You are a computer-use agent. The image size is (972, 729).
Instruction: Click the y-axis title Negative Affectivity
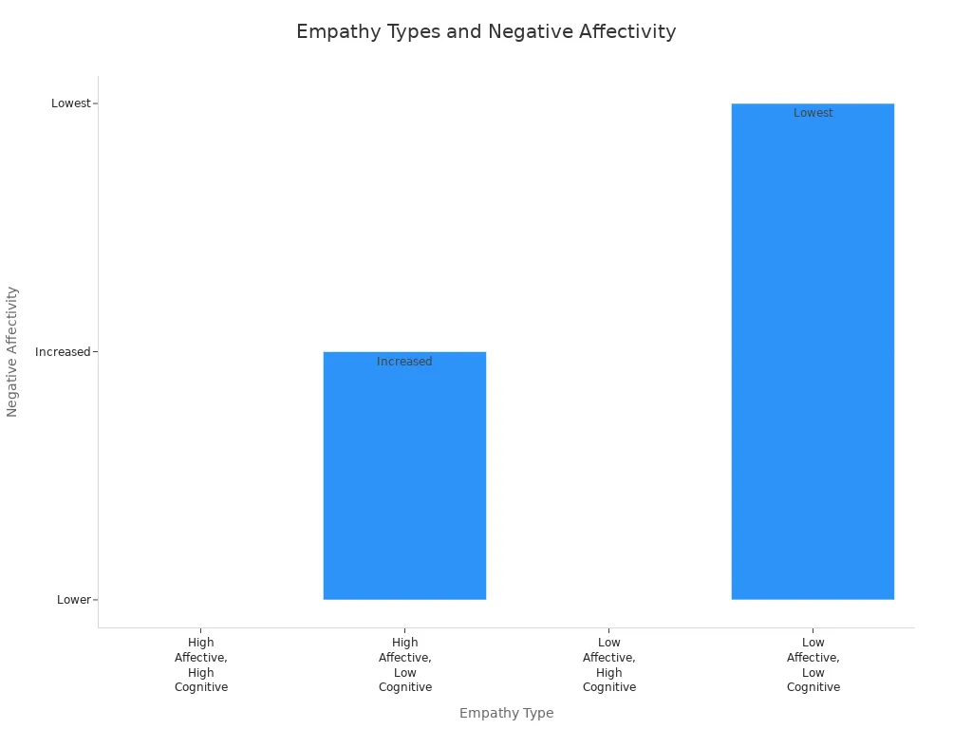click(12, 351)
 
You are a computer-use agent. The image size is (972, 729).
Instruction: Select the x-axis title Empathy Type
click(506, 713)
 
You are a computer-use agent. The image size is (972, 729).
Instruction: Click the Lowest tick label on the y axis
click(70, 103)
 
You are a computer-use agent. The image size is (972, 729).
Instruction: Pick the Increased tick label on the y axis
click(63, 352)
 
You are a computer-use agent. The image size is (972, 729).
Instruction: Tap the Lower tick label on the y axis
click(73, 600)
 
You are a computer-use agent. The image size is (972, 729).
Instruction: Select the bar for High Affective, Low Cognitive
click(404, 484)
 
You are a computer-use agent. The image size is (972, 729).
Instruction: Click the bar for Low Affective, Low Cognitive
click(813, 361)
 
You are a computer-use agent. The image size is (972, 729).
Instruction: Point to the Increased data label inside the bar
click(404, 362)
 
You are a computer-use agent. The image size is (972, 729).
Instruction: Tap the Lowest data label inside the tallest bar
click(813, 113)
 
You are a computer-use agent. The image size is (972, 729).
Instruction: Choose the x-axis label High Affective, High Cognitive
click(201, 664)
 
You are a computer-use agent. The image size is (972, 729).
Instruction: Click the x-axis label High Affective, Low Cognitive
click(405, 664)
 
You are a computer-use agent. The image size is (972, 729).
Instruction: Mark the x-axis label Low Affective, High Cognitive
click(609, 664)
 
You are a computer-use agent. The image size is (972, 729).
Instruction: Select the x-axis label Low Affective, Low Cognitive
click(813, 664)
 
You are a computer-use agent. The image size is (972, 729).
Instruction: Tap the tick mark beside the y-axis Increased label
click(95, 352)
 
